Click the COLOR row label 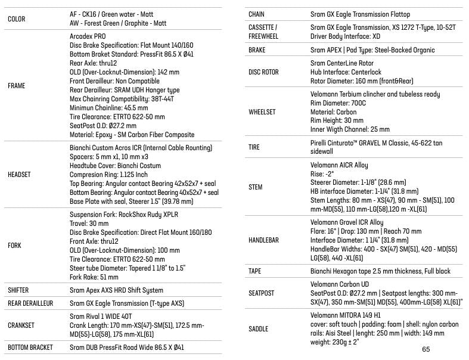(x=17, y=18)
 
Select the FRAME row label (x=17, y=86)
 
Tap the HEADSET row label (x=20, y=175)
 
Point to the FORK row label (x=15, y=246)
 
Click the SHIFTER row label (x=18, y=290)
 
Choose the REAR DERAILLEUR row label (x=30, y=303)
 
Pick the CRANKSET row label (x=21, y=325)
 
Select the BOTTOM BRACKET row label (x=30, y=347)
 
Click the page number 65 (x=425, y=349)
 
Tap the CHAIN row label (x=257, y=14)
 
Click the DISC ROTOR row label (x=263, y=72)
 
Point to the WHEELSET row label (x=262, y=112)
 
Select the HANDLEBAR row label (x=263, y=240)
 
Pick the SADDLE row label (x=258, y=329)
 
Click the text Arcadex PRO (x=89, y=36)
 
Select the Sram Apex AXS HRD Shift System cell (x=116, y=290)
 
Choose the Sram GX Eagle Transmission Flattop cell (x=360, y=14)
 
